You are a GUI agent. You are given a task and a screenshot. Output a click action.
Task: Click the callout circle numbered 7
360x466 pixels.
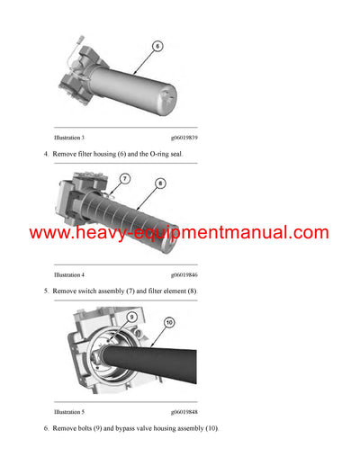[125, 180]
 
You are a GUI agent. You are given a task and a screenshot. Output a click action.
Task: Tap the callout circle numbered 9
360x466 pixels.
[130, 318]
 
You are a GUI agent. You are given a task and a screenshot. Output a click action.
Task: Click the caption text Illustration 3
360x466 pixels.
[69, 138]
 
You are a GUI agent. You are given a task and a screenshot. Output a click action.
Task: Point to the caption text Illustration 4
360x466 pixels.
[69, 274]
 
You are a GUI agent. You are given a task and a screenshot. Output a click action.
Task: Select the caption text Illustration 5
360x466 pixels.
[69, 411]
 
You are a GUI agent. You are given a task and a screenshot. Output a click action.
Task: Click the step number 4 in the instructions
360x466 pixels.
[45, 155]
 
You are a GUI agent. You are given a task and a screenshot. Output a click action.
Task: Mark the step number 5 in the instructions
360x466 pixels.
[45, 291]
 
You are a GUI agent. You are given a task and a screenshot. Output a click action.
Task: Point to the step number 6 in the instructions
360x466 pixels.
[45, 428]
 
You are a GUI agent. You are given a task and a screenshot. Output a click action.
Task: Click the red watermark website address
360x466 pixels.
[179, 233]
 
